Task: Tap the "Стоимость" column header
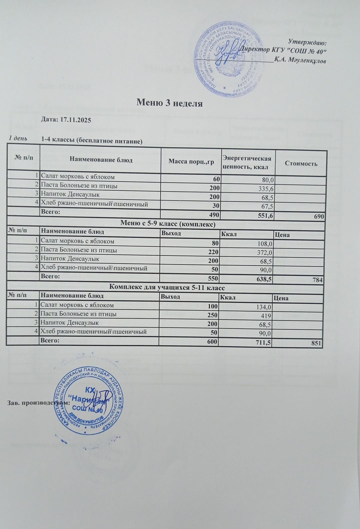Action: pos(301,163)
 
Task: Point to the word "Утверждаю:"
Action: pos(307,43)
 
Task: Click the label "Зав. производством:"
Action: pos(38,403)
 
